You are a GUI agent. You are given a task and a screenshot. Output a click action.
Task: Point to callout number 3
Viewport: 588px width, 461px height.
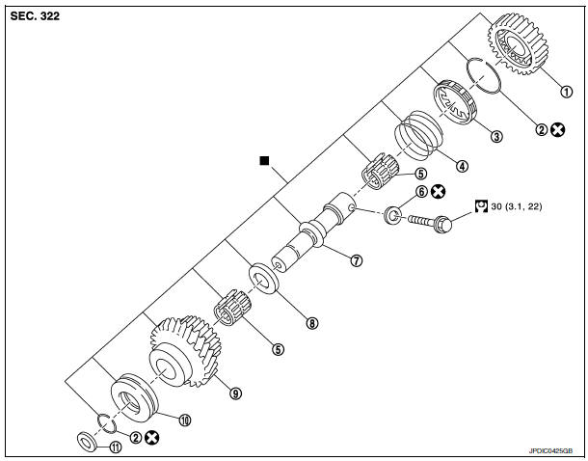click(496, 136)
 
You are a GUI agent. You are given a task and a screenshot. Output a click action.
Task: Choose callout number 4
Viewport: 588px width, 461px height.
click(462, 165)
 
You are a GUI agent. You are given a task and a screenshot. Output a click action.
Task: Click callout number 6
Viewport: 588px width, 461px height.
click(421, 192)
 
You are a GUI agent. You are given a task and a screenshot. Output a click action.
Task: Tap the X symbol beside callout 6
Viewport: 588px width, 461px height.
click(440, 192)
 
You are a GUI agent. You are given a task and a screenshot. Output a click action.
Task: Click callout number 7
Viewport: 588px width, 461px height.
click(356, 260)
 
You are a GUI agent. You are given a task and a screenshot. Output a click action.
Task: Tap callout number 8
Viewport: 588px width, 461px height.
click(311, 323)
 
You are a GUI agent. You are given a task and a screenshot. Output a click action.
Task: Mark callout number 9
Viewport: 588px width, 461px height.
click(233, 393)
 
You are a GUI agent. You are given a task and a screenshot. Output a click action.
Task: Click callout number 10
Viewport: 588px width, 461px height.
click(186, 420)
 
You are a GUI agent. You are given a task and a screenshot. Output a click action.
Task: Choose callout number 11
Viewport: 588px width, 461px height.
click(115, 446)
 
